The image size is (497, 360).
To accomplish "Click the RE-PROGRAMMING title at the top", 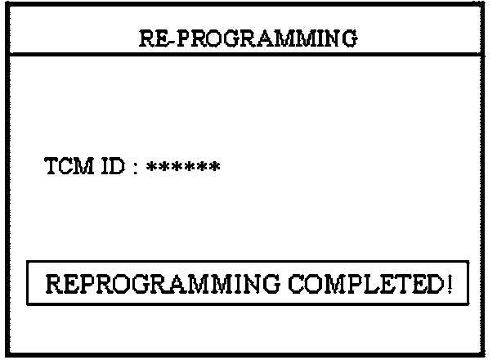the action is pyautogui.click(x=248, y=38).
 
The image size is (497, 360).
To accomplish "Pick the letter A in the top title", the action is pyautogui.click(x=262, y=38).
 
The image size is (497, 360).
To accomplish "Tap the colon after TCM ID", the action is pyautogui.click(x=133, y=169).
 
